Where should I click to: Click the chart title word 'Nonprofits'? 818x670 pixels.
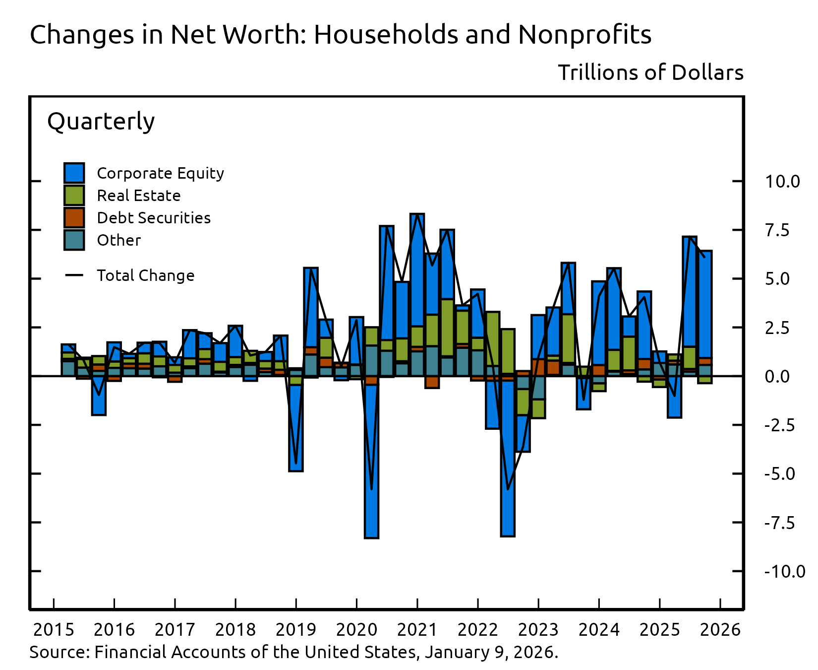[584, 35]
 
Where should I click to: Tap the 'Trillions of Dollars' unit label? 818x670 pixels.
[650, 72]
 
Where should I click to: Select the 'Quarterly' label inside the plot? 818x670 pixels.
[101, 122]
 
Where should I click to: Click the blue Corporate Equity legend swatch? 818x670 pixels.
[74, 173]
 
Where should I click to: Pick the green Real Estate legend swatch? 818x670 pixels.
[74, 196]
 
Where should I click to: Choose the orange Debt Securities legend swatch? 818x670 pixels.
[74, 218]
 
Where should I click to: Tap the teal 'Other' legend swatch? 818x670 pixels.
[74, 240]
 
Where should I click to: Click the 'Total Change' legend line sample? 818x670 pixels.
[74, 275]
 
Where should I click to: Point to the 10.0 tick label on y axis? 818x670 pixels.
[782, 182]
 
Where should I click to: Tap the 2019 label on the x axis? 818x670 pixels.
[296, 630]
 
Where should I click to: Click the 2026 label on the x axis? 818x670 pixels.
[720, 630]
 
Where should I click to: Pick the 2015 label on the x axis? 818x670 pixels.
[54, 630]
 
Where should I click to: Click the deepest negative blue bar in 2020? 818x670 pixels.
[371, 462]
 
